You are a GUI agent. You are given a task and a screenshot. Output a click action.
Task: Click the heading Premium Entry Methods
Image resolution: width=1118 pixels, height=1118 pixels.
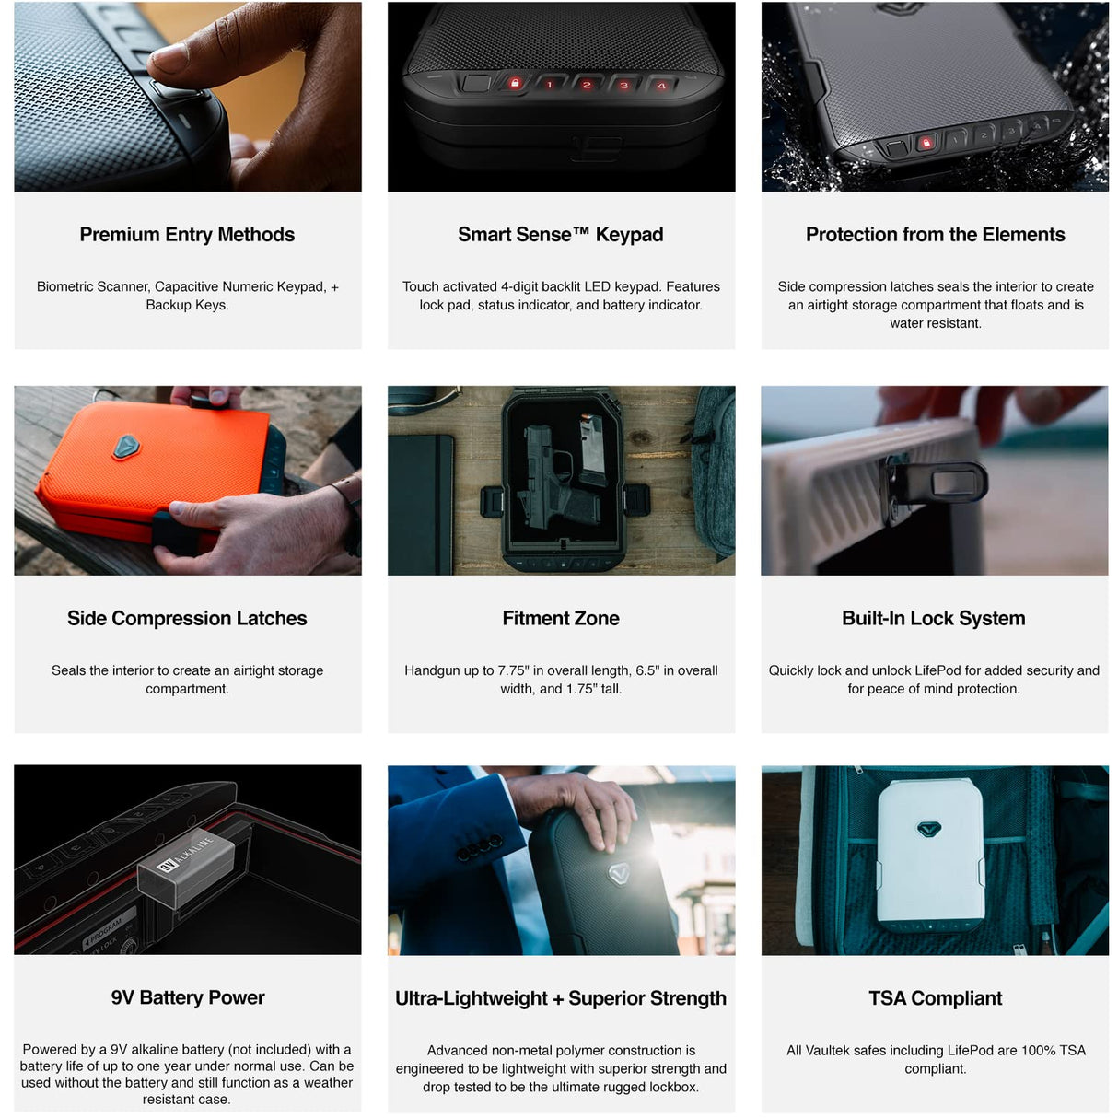click(x=187, y=235)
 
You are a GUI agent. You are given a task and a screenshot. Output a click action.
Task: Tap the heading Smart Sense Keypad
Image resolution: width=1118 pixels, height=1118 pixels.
click(x=561, y=235)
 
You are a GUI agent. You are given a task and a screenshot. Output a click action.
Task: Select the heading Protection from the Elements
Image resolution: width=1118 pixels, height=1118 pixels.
click(x=935, y=235)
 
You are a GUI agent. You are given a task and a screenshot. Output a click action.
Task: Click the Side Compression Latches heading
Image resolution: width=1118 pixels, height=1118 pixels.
click(x=187, y=618)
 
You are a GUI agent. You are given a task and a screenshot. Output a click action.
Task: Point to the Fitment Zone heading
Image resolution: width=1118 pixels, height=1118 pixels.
click(x=561, y=618)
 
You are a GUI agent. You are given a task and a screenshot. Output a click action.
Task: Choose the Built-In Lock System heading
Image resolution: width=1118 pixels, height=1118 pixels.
click(x=934, y=618)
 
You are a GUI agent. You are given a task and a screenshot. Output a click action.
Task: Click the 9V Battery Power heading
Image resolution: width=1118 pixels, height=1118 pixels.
click(x=187, y=996)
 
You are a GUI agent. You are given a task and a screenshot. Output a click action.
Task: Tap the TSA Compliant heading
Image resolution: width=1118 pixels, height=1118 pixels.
click(x=935, y=997)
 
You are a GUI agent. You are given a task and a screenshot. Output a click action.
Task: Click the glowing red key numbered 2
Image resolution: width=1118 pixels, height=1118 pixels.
click(x=586, y=85)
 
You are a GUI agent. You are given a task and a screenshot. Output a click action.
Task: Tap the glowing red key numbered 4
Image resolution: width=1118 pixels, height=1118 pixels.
click(x=661, y=86)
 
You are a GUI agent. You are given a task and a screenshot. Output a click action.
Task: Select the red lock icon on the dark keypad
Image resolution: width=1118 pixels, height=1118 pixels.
click(x=514, y=84)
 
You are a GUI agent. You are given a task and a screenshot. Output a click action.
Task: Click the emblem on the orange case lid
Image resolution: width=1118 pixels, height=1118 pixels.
click(x=126, y=447)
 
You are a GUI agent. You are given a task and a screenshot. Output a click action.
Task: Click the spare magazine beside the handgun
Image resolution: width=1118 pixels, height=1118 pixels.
click(x=592, y=449)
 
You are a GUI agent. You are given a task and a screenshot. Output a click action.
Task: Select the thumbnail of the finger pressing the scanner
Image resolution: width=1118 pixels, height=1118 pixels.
click(x=187, y=97)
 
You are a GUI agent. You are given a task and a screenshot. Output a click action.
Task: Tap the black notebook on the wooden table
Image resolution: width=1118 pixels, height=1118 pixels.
click(x=422, y=504)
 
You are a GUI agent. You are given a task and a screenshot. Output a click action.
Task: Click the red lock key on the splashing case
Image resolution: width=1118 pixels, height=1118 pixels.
click(x=926, y=142)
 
